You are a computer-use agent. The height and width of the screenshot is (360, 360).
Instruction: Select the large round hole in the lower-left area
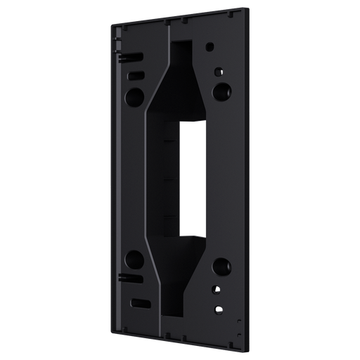point(134,257)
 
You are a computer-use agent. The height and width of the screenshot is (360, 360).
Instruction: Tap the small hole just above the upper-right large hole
point(219,70)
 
